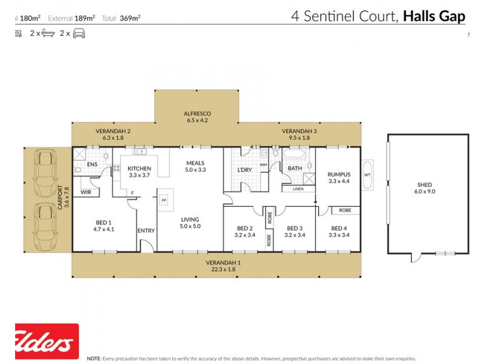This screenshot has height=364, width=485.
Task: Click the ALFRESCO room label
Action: point(196,113)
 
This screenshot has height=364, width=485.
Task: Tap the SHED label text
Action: point(424,185)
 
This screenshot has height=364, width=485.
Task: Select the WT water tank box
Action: point(367,175)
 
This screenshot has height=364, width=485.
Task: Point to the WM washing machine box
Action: point(263,164)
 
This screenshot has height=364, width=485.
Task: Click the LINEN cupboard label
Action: point(298,189)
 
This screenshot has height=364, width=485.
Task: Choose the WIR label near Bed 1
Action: point(85,192)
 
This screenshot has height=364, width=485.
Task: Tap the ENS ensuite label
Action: point(92,164)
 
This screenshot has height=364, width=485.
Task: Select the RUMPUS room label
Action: point(339,174)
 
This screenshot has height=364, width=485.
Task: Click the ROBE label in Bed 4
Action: point(345,210)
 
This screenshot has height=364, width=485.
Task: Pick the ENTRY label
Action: point(146,231)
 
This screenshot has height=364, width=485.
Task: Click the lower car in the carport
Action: point(45,221)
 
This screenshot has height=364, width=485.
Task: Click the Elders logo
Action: point(47,341)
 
